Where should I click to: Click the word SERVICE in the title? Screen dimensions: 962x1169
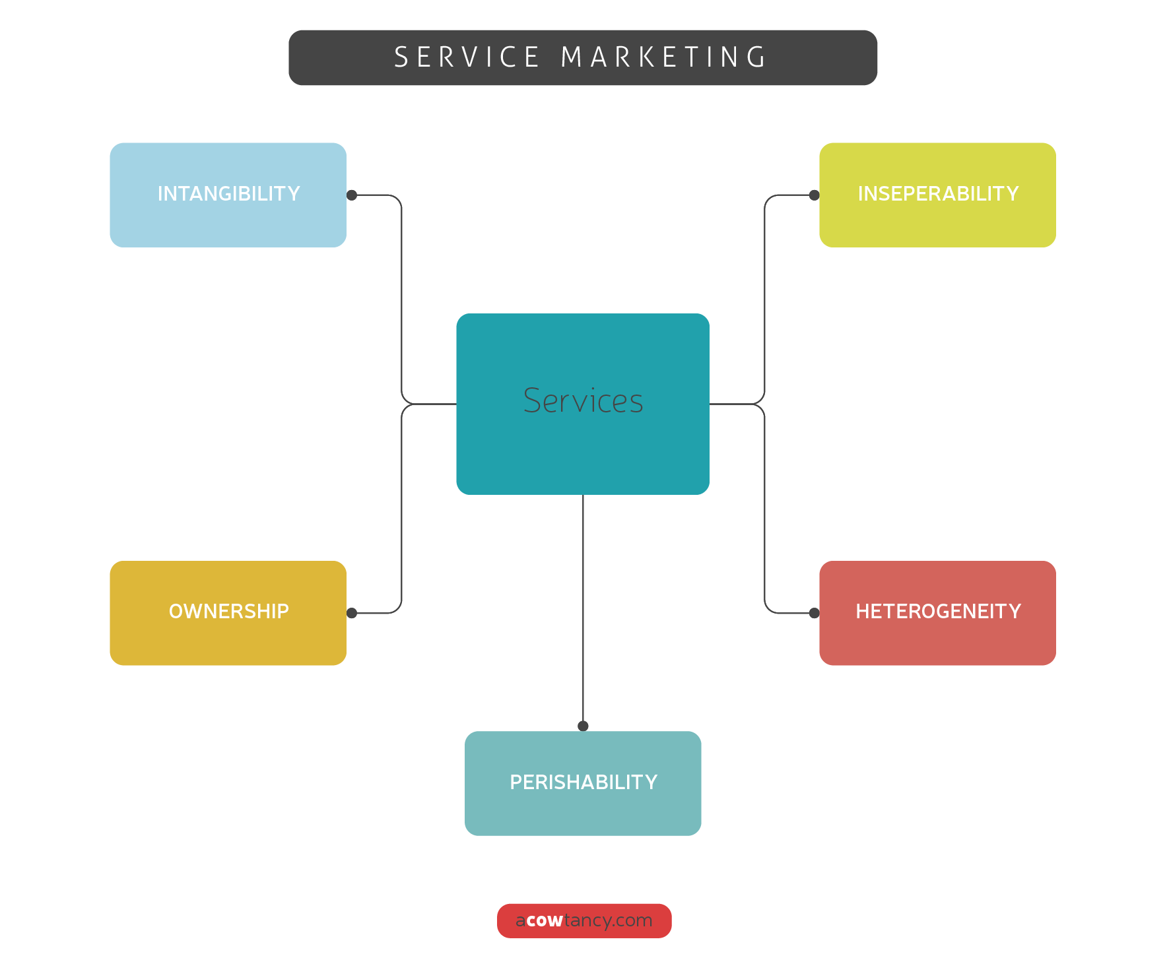(x=467, y=57)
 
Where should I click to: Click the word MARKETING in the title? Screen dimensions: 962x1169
(x=663, y=57)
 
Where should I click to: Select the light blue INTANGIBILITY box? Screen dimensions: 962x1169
(x=228, y=195)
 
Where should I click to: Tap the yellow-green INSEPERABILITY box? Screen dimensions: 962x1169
(x=937, y=195)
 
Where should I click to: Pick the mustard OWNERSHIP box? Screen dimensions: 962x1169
(x=228, y=613)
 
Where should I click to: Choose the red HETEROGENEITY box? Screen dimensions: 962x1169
(x=937, y=613)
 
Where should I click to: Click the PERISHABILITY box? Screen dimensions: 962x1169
(x=583, y=783)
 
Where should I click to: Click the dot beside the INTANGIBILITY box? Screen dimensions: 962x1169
(x=352, y=195)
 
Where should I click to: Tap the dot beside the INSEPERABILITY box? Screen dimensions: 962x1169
(x=815, y=195)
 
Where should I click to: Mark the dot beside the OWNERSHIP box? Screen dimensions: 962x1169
(x=352, y=613)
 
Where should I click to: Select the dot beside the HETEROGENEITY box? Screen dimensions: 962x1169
(x=815, y=613)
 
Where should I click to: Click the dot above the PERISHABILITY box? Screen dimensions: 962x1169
(x=583, y=726)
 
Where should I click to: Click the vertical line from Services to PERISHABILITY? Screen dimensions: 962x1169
(x=583, y=607)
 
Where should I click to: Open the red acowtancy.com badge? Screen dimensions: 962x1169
(x=584, y=920)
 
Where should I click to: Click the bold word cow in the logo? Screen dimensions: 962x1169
(x=545, y=920)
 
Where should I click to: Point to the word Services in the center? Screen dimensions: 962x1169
(x=583, y=401)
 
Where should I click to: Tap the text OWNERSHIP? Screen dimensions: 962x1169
(x=228, y=612)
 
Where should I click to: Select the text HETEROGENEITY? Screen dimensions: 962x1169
(x=938, y=612)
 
